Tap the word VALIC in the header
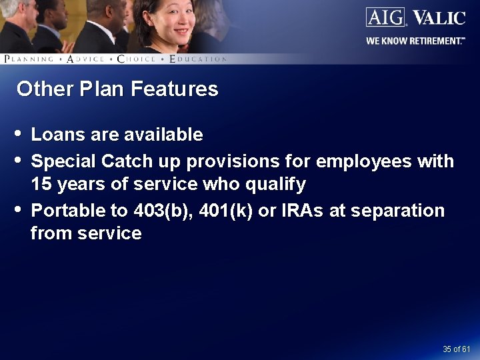coord(439,17)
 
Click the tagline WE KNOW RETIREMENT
coord(415,41)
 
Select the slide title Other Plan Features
coord(117,89)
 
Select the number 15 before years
coord(41,184)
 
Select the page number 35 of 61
coord(456,349)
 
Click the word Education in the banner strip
coord(199,59)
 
